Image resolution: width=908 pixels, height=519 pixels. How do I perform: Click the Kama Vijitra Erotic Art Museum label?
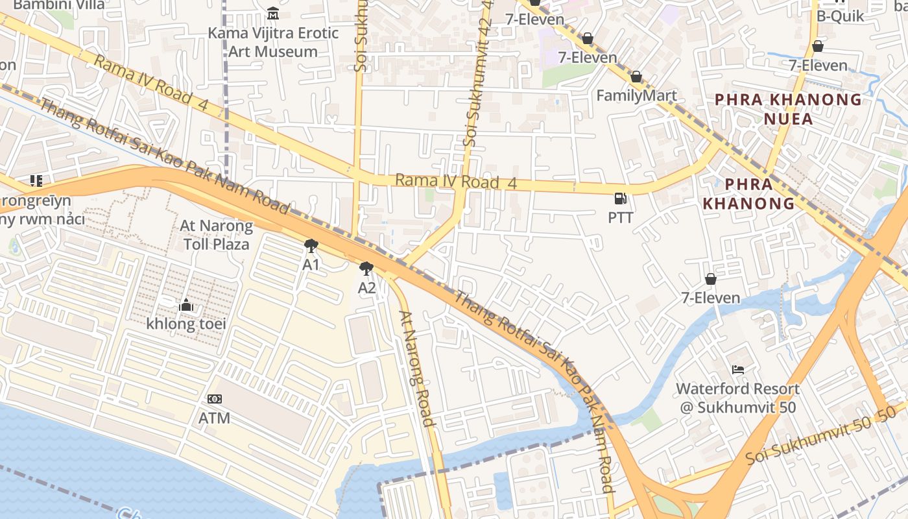point(273,42)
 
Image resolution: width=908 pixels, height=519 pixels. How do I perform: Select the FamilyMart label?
point(636,96)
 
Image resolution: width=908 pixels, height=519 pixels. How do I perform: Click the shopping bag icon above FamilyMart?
point(636,77)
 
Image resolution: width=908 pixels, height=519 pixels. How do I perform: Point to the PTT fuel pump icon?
point(621,199)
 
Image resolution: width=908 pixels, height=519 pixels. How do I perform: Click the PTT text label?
point(621,218)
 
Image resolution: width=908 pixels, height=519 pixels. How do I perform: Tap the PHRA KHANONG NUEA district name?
point(788,109)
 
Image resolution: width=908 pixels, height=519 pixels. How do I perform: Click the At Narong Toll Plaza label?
point(216,235)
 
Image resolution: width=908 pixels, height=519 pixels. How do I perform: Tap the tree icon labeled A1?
point(311,246)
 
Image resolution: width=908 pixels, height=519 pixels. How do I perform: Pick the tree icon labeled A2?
point(367,269)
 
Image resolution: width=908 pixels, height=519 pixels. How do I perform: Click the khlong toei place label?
point(185,324)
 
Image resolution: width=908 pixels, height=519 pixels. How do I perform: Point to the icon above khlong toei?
point(185,305)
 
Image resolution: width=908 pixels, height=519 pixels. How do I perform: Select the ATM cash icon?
point(215,399)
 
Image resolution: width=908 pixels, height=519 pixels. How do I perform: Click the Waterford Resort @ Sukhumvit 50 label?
point(737,398)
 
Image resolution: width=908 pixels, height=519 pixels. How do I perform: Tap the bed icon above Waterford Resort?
point(737,370)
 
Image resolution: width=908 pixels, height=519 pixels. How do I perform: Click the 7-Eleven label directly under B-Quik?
point(818,66)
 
